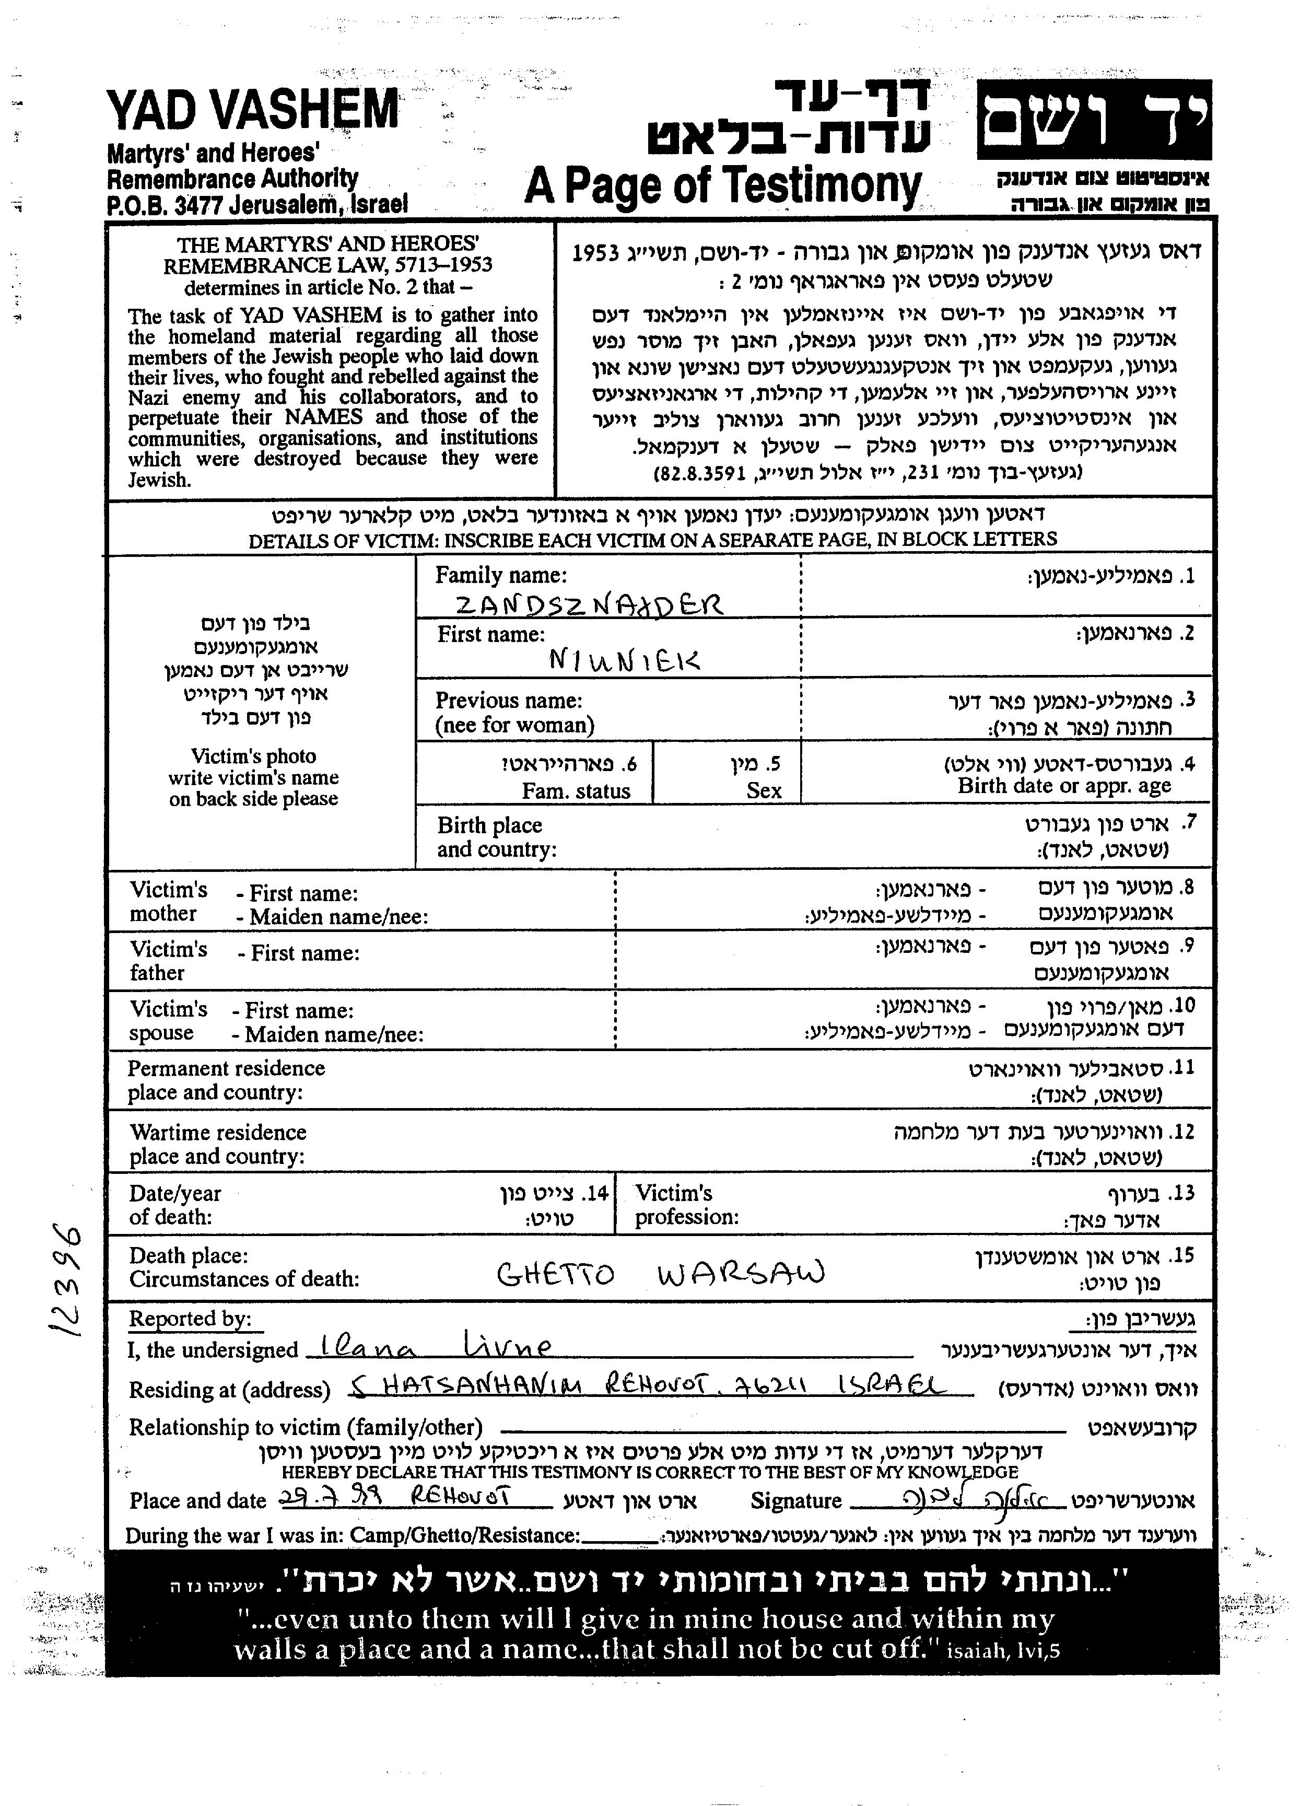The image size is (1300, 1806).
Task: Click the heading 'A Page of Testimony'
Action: (x=723, y=187)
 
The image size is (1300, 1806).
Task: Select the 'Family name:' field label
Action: (x=501, y=575)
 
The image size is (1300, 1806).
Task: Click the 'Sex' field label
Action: (x=764, y=791)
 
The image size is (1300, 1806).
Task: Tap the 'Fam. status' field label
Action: (x=576, y=791)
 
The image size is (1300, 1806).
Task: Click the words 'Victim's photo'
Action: (x=253, y=756)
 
